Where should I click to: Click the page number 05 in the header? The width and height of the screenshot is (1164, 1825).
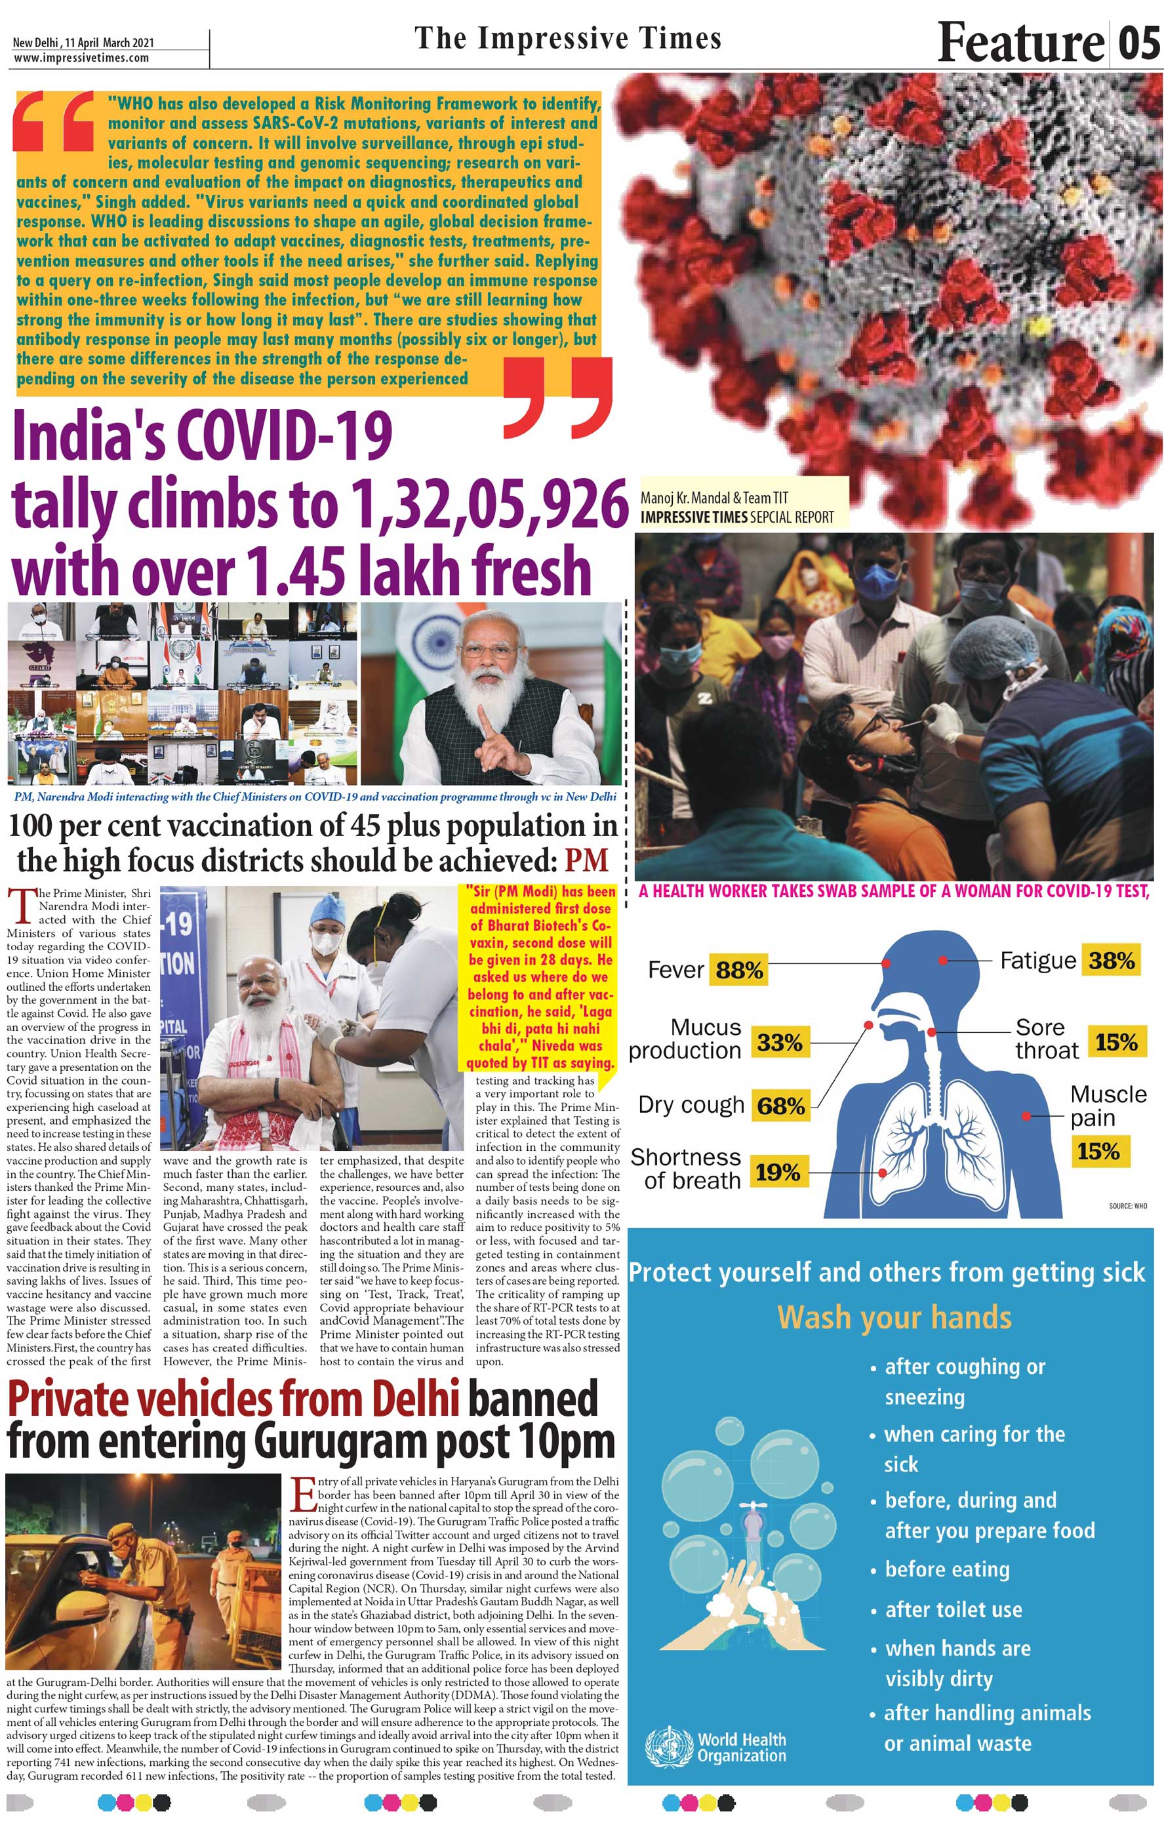tap(1139, 43)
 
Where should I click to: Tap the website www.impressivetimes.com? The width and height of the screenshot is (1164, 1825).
tap(81, 58)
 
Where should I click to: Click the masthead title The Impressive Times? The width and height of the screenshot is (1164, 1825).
tap(568, 39)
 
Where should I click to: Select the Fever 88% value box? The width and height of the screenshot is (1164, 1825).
tap(739, 970)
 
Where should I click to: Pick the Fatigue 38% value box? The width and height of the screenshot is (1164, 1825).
tap(1111, 961)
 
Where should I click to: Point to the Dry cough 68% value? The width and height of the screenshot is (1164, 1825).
tap(780, 1106)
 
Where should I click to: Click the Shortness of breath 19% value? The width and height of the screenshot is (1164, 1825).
tap(778, 1173)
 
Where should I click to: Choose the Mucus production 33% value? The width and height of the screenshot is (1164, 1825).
tap(779, 1043)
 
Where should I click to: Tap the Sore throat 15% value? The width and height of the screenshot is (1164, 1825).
tap(1115, 1042)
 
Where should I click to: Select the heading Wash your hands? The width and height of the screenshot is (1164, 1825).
tap(894, 1318)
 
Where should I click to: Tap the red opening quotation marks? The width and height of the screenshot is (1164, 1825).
tap(53, 121)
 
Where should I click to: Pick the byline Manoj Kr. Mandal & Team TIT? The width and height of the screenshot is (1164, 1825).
tap(714, 498)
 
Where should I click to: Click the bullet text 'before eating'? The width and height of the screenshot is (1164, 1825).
tap(947, 1569)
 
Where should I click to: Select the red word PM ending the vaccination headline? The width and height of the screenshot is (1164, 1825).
tap(586, 860)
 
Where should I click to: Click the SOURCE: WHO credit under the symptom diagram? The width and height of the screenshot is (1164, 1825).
tap(1128, 1206)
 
